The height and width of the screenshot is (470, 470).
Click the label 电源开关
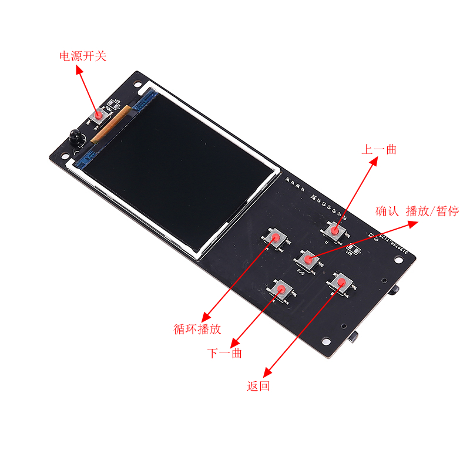click(x=83, y=56)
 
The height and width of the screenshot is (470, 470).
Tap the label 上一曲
click(x=379, y=150)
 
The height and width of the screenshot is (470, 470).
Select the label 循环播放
click(x=197, y=329)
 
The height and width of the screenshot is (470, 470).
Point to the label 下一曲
click(x=225, y=354)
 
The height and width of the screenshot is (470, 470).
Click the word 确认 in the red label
click(x=388, y=211)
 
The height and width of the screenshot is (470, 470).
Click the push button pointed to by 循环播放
click(x=275, y=237)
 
